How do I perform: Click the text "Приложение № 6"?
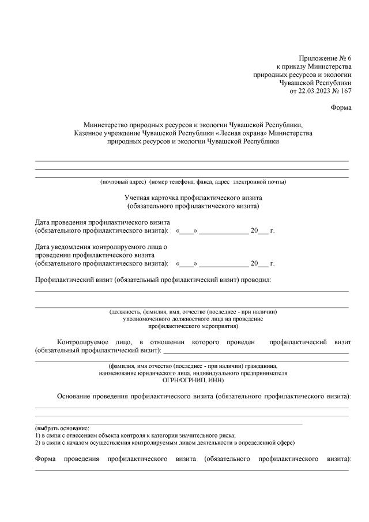(x=325, y=58)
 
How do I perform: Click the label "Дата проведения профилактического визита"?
(x=102, y=222)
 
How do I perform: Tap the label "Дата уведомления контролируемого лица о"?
(x=101, y=247)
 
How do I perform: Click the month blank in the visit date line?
(x=224, y=231)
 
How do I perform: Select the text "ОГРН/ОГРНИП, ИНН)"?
(x=193, y=381)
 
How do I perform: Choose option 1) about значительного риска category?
(x=135, y=436)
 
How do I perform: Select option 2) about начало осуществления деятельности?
(x=165, y=443)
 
